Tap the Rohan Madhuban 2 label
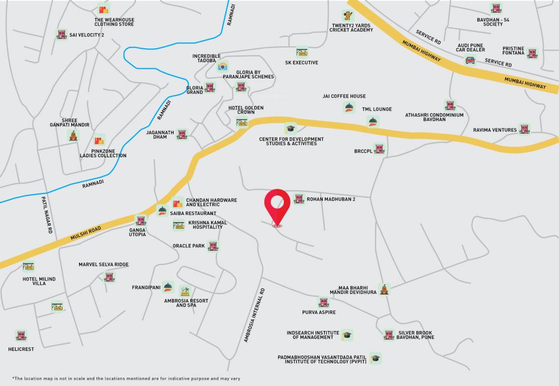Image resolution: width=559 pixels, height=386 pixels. coord(331,200)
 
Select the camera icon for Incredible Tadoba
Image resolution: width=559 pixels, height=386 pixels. coord(223,66)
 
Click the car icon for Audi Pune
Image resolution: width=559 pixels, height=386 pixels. coord(470,60)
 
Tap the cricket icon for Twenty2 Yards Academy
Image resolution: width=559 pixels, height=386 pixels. coord(347,16)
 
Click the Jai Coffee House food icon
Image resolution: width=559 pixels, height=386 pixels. coord(349,107)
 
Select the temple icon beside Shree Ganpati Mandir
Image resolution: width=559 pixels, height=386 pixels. coord(74,135)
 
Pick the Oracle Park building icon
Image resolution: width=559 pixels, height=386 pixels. coord(214,246)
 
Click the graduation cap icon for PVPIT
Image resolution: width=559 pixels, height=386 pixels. coord(375,358)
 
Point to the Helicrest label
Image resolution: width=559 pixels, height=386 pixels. coord(21,349)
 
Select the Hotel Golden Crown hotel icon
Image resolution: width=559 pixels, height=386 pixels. coord(242,123)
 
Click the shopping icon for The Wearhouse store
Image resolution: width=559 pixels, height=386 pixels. coord(104,9)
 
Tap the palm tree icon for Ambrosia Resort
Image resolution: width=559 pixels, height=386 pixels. coord(185,291)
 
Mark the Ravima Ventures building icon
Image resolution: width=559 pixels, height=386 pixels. coord(525,129)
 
